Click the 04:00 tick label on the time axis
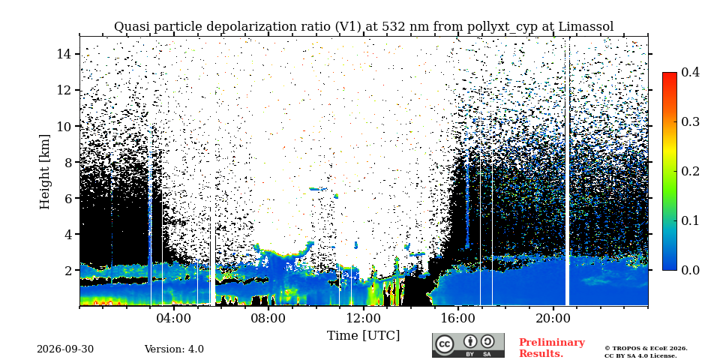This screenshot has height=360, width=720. tap(174, 318)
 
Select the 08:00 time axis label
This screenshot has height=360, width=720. tap(268, 318)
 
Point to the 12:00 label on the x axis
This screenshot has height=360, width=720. tap(364, 318)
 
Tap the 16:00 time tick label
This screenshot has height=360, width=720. tap(458, 318)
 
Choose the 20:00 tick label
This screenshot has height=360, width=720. tap(553, 318)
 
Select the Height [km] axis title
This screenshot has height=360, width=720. tap(44, 172)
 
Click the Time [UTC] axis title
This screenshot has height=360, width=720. tap(363, 336)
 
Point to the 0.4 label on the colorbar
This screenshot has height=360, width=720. tap(690, 72)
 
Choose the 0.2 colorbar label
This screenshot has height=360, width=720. tap(690, 171)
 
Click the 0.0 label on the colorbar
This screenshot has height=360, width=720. tap(690, 270)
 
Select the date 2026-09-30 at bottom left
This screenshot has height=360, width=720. tap(65, 349)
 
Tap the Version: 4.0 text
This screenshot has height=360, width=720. tap(174, 349)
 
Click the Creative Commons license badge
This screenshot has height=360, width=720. tap(468, 345)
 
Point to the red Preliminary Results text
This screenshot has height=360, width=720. tap(552, 348)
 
